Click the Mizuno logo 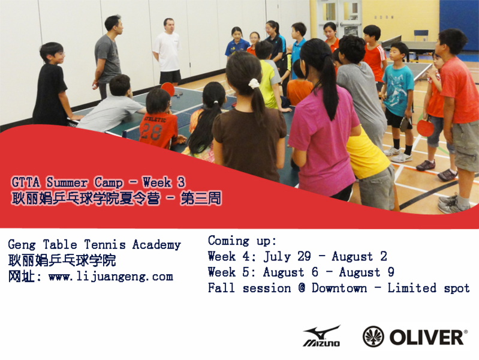pyautogui.click(x=321, y=336)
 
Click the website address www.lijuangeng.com pyautogui.click(x=110, y=277)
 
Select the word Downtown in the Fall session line pyautogui.click(x=339, y=288)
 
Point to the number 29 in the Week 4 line pyautogui.click(x=304, y=256)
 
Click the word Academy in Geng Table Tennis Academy pyautogui.click(x=156, y=245)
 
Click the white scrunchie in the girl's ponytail pyautogui.click(x=254, y=83)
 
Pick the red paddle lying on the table pyautogui.click(x=168, y=89)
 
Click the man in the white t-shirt pyautogui.click(x=167, y=52)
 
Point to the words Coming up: pyautogui.click(x=242, y=241)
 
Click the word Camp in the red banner pyautogui.click(x=109, y=182)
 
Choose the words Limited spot pyautogui.click(x=429, y=288)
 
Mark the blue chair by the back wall pyautogui.click(x=421, y=35)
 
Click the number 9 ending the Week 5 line pyautogui.click(x=391, y=272)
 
